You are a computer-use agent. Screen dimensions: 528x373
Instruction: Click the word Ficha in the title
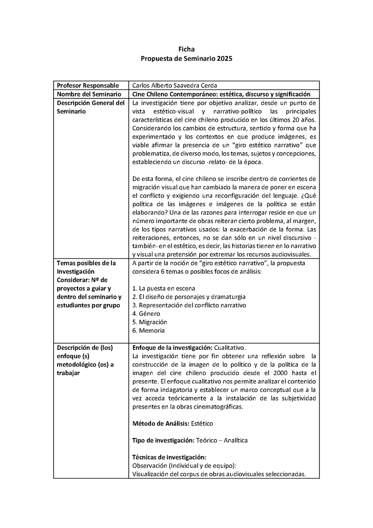[186, 49]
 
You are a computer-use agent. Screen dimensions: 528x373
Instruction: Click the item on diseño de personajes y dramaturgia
[189, 297]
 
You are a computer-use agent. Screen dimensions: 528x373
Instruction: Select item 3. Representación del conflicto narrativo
[189, 305]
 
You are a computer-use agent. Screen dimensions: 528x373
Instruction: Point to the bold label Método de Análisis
[161, 423]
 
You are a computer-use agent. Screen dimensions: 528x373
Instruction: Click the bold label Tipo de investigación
[163, 440]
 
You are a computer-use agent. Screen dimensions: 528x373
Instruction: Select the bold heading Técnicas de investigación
[169, 457]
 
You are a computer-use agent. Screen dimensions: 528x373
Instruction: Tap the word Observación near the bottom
[150, 465]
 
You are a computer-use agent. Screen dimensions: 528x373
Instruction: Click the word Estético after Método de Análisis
[202, 423]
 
